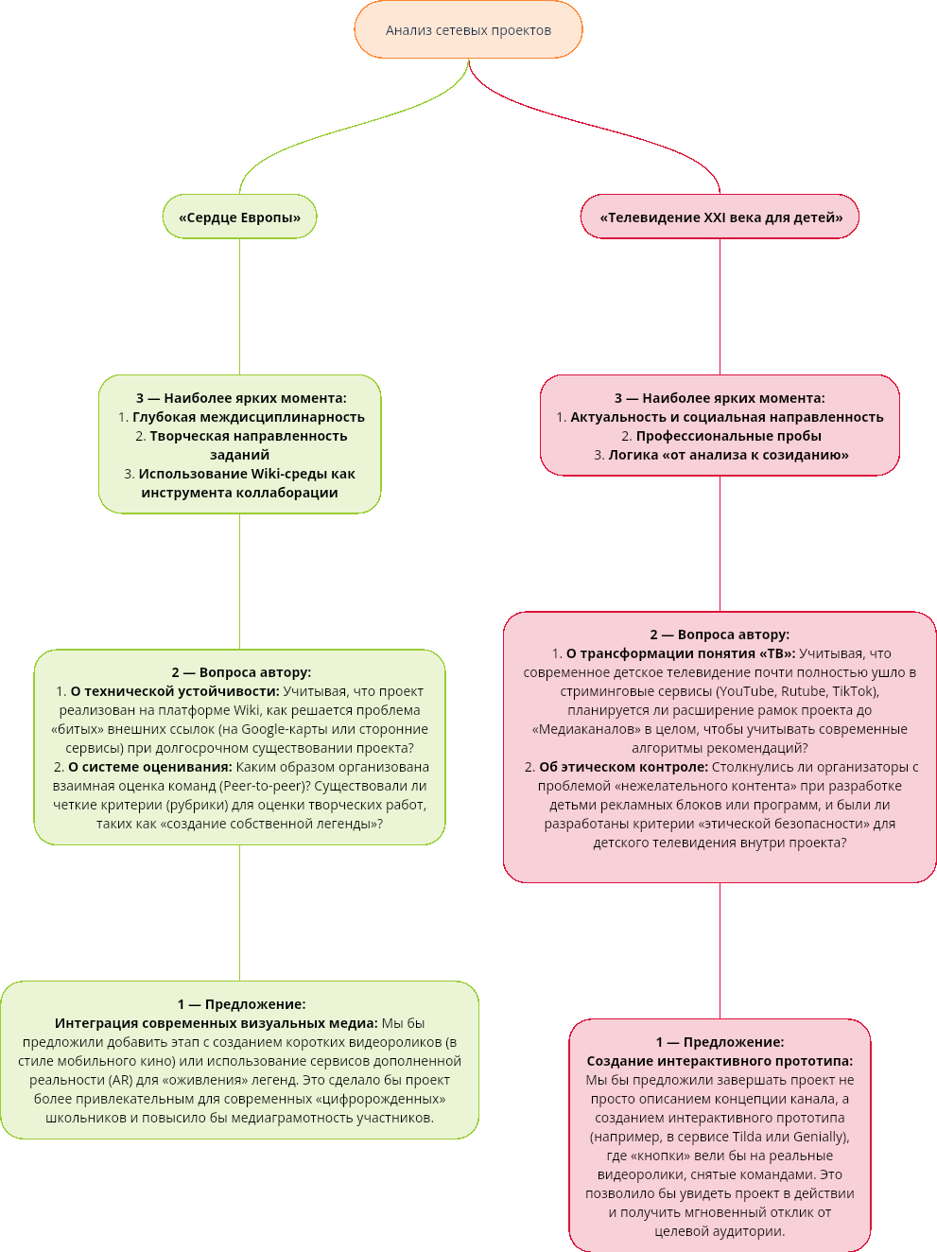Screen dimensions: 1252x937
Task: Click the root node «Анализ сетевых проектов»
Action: [x=468, y=30]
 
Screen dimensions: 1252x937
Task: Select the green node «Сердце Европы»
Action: [x=239, y=217]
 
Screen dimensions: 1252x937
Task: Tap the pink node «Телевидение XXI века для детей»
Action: [x=720, y=217]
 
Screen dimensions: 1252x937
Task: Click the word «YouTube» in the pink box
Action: [x=746, y=691]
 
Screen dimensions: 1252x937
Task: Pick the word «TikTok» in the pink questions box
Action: [x=853, y=691]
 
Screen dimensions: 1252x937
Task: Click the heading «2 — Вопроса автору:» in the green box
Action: [x=241, y=672]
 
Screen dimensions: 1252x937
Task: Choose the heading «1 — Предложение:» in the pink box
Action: [x=720, y=1042]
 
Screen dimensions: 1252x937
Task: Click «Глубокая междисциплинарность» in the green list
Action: [x=248, y=417]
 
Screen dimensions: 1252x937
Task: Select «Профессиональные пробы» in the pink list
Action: [x=728, y=436]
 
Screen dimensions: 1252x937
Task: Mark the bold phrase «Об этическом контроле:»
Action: [x=623, y=767]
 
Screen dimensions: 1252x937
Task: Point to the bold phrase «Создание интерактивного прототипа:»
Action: [x=720, y=1061]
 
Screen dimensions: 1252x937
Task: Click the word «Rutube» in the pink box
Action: [x=803, y=691]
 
